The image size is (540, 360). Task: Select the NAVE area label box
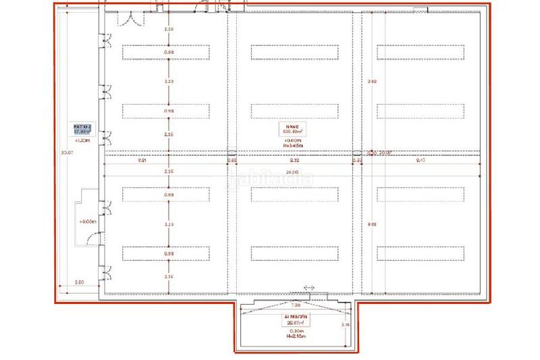click(x=292, y=129)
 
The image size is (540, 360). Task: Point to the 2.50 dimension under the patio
click(x=79, y=282)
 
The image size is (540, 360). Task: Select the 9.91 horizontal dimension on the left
click(x=142, y=161)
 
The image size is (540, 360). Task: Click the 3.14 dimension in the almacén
click(x=346, y=325)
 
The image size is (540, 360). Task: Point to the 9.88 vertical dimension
click(x=371, y=225)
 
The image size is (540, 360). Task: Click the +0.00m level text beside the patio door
click(x=87, y=222)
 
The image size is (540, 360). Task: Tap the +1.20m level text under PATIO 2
click(x=82, y=141)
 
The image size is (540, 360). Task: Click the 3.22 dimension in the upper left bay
click(x=169, y=82)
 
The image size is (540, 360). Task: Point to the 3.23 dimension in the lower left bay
click(x=169, y=224)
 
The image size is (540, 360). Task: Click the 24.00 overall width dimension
click(x=292, y=173)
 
